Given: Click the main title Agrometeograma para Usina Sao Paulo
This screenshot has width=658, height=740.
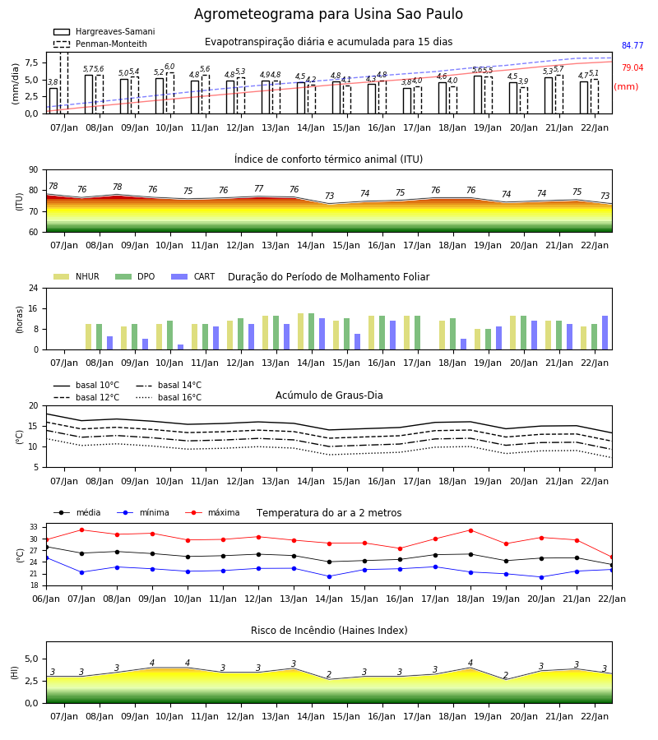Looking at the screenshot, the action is [328, 14].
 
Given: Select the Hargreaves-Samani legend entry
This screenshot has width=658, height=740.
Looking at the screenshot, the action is [104, 31].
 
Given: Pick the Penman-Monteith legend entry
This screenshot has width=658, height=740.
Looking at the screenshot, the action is [100, 44].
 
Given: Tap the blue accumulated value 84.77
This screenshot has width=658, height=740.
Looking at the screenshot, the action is [633, 45].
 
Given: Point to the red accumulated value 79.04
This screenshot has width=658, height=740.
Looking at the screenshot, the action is [633, 67].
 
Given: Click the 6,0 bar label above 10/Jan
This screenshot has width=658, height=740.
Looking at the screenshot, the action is [170, 67].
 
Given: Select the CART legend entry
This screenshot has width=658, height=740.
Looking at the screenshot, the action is [193, 276].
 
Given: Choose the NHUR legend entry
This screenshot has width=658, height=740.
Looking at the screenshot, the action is [76, 276].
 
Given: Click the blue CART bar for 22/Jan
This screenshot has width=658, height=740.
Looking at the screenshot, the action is [605, 333].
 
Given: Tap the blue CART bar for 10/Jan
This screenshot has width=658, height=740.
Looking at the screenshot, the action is [180, 347].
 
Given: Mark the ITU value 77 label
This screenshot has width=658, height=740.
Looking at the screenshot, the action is [258, 188].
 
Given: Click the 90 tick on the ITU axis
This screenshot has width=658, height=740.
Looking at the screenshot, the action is [34, 170].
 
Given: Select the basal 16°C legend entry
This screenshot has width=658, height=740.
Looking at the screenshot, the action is [169, 397].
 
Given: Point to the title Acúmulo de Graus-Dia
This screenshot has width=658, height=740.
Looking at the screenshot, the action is [329, 395].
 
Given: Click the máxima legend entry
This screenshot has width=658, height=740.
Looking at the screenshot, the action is [212, 512].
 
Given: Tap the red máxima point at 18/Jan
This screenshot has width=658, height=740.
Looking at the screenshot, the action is [470, 530].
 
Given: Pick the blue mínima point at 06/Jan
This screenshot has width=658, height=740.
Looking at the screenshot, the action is [47, 557].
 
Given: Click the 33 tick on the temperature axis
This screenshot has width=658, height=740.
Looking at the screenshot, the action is [34, 527].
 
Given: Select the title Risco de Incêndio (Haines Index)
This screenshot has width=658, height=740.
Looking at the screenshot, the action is [329, 631].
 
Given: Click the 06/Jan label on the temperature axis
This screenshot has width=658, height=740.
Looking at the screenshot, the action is [46, 599].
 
